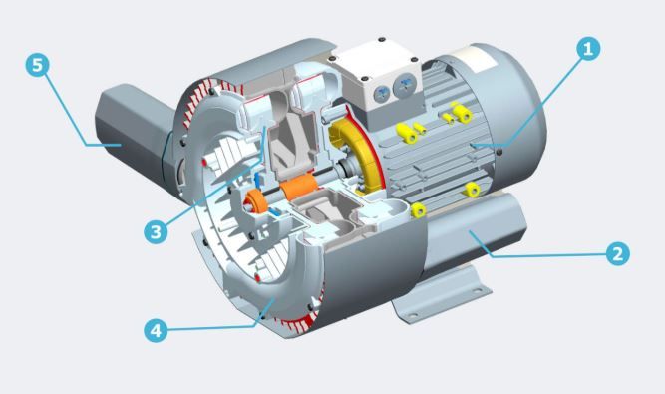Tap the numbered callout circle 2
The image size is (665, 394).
click(617, 253)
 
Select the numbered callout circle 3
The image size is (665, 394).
click(154, 232)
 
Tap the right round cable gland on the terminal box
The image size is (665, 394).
click(406, 87)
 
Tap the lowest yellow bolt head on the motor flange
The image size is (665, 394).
click(418, 208)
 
